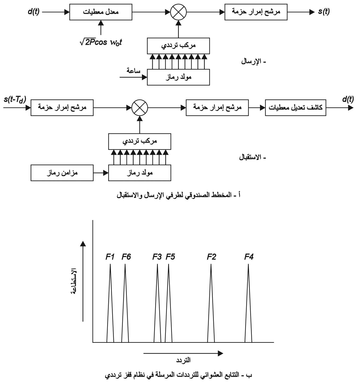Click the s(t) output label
click(x=324, y=11)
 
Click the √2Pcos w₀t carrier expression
click(x=101, y=42)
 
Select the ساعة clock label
click(x=133, y=71)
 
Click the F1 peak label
click(x=110, y=257)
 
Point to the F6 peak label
click(x=126, y=257)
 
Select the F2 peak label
click(x=211, y=257)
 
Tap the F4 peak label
click(x=249, y=257)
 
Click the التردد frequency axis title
click(x=183, y=360)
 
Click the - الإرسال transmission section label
click(x=254, y=62)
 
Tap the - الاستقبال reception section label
click(x=253, y=157)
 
